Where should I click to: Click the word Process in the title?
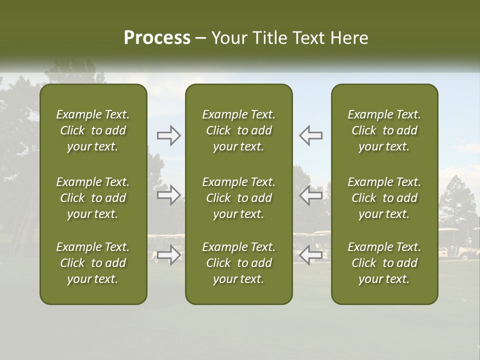pyautogui.click(x=157, y=38)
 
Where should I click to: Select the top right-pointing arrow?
pyautogui.click(x=168, y=135)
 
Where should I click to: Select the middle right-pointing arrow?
pyautogui.click(x=168, y=195)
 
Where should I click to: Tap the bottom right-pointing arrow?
pyautogui.click(x=168, y=255)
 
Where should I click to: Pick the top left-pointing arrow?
pyautogui.click(x=311, y=135)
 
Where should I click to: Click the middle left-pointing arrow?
pyautogui.click(x=311, y=195)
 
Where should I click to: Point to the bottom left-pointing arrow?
pyautogui.click(x=311, y=255)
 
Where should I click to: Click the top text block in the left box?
pyautogui.click(x=93, y=130)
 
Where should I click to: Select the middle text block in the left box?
pyautogui.click(x=93, y=198)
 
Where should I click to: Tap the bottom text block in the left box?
pyautogui.click(x=93, y=263)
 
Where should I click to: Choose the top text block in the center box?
pyautogui.click(x=238, y=130)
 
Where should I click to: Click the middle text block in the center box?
pyautogui.click(x=238, y=198)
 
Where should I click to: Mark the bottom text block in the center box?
pyautogui.click(x=238, y=263)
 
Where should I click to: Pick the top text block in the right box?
pyautogui.click(x=384, y=130)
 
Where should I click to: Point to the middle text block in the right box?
pyautogui.click(x=384, y=198)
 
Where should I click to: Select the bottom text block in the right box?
pyautogui.click(x=384, y=263)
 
